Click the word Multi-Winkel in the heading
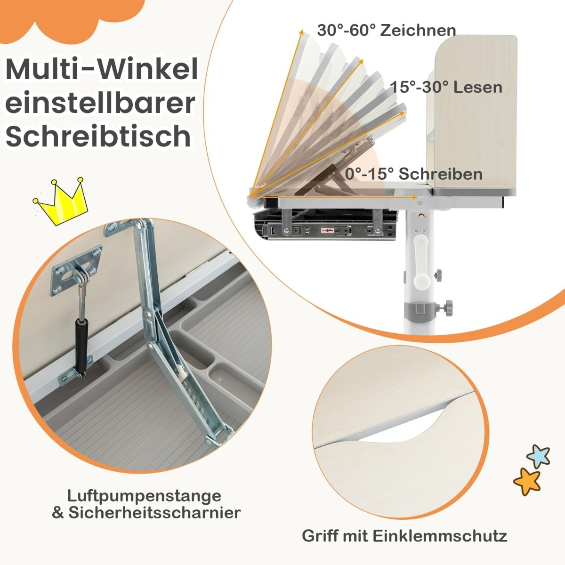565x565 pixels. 102,70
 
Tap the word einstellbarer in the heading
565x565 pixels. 100,103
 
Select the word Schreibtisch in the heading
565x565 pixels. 98,136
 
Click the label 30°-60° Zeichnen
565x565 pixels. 387,31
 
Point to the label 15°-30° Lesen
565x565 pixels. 446,87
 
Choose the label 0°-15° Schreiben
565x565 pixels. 414,174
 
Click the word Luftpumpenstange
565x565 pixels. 144,496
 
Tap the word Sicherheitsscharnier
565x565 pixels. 154,513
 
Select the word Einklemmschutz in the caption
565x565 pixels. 440,536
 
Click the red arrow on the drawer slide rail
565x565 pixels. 329,231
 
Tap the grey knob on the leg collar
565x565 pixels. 446,307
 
